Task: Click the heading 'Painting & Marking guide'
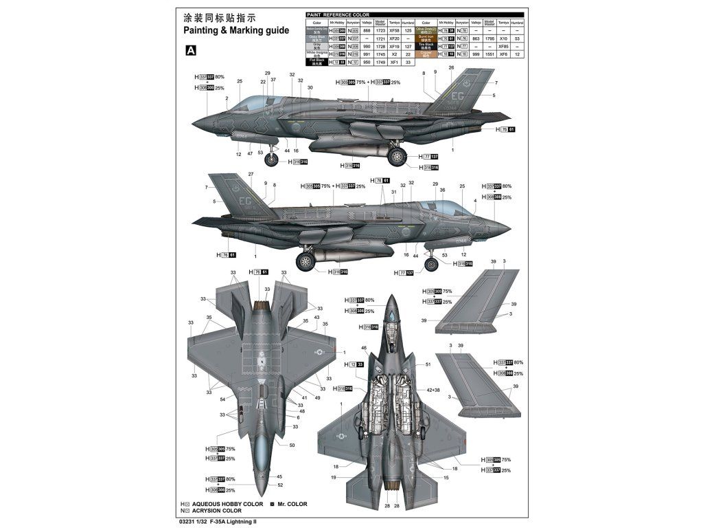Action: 237,31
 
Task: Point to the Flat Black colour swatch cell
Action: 314,61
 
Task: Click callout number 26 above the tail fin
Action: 451,68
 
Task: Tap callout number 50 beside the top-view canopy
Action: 292,445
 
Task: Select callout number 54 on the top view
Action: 222,399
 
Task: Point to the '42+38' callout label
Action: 433,390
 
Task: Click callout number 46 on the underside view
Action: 364,348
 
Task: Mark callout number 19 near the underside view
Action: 334,476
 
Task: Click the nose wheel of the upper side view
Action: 272,160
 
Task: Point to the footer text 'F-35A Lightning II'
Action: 233,521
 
